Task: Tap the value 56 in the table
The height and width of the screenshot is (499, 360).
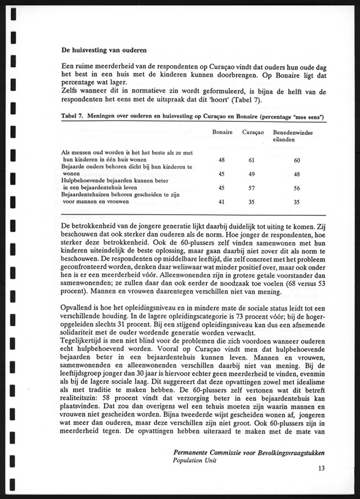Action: tap(297, 188)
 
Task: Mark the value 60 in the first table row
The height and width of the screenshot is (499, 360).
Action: tap(297, 160)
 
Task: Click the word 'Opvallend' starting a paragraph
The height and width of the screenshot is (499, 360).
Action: tap(79, 308)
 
